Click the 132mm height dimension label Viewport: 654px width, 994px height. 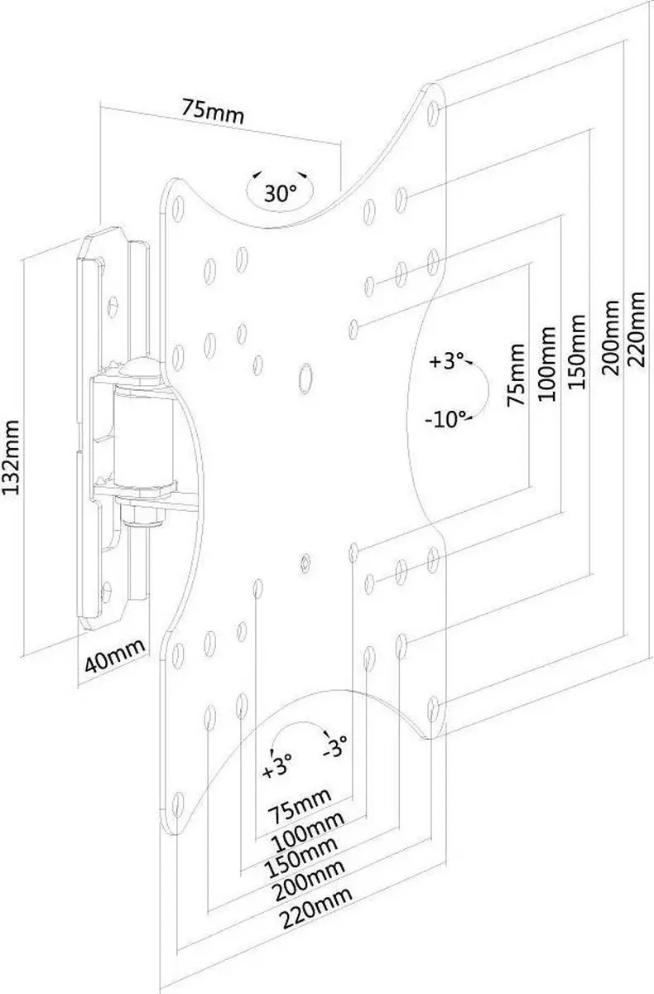11,457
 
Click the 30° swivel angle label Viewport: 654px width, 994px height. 280,193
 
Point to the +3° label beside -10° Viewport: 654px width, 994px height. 446,361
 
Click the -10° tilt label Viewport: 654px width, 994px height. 445,419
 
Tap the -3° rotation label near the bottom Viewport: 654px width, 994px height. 334,746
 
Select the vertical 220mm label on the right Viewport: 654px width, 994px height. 636,328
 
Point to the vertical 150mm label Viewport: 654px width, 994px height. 577,352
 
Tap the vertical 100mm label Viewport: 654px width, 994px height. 546,364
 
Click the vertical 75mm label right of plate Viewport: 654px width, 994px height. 516,375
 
